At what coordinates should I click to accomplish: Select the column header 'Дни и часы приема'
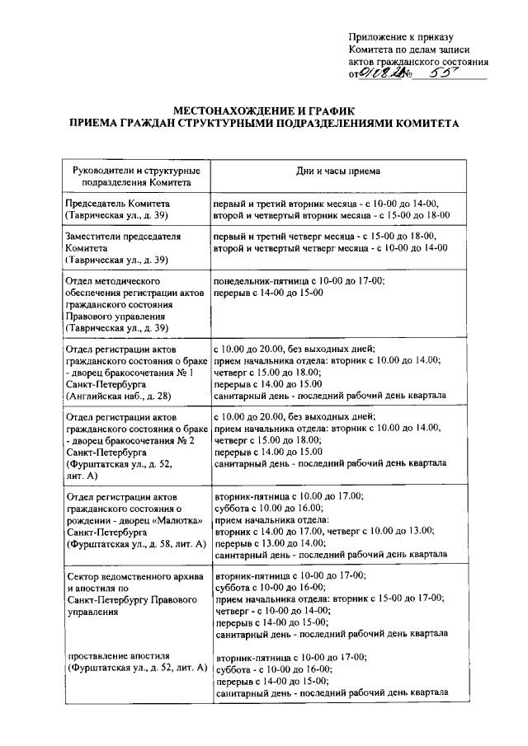coord(338,171)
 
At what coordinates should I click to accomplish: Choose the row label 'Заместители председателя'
coord(122,235)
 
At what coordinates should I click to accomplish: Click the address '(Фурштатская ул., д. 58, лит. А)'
coord(135,544)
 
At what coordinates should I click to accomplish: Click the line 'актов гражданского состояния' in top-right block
coord(418,61)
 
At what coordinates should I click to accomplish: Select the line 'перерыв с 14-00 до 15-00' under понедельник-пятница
coord(268,293)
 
